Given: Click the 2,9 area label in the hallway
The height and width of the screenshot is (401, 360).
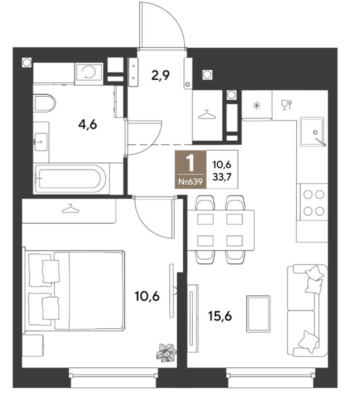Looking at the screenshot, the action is point(160,75).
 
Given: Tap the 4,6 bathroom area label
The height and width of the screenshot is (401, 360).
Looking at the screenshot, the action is point(88,125).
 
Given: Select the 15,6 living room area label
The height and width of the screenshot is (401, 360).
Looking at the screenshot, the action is point(220,317).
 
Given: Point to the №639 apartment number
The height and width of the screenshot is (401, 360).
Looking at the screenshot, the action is point(191,182).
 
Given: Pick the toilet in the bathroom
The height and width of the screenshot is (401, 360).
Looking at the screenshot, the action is point(44,103).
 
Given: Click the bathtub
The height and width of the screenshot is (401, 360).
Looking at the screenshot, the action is point(71,179).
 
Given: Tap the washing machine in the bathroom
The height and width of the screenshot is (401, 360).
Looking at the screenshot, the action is point(89,73).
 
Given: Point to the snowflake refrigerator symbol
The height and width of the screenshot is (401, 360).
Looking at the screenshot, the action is point(256,105).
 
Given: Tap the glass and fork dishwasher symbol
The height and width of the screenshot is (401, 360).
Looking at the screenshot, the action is point(286,105).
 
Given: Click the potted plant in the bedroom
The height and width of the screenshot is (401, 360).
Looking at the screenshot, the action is point(166,353).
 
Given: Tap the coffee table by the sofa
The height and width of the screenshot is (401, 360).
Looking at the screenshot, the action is point(258,314).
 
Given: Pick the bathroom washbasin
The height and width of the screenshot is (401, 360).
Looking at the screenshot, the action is point(40,142).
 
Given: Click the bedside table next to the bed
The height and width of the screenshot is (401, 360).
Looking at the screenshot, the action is point(33,345).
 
